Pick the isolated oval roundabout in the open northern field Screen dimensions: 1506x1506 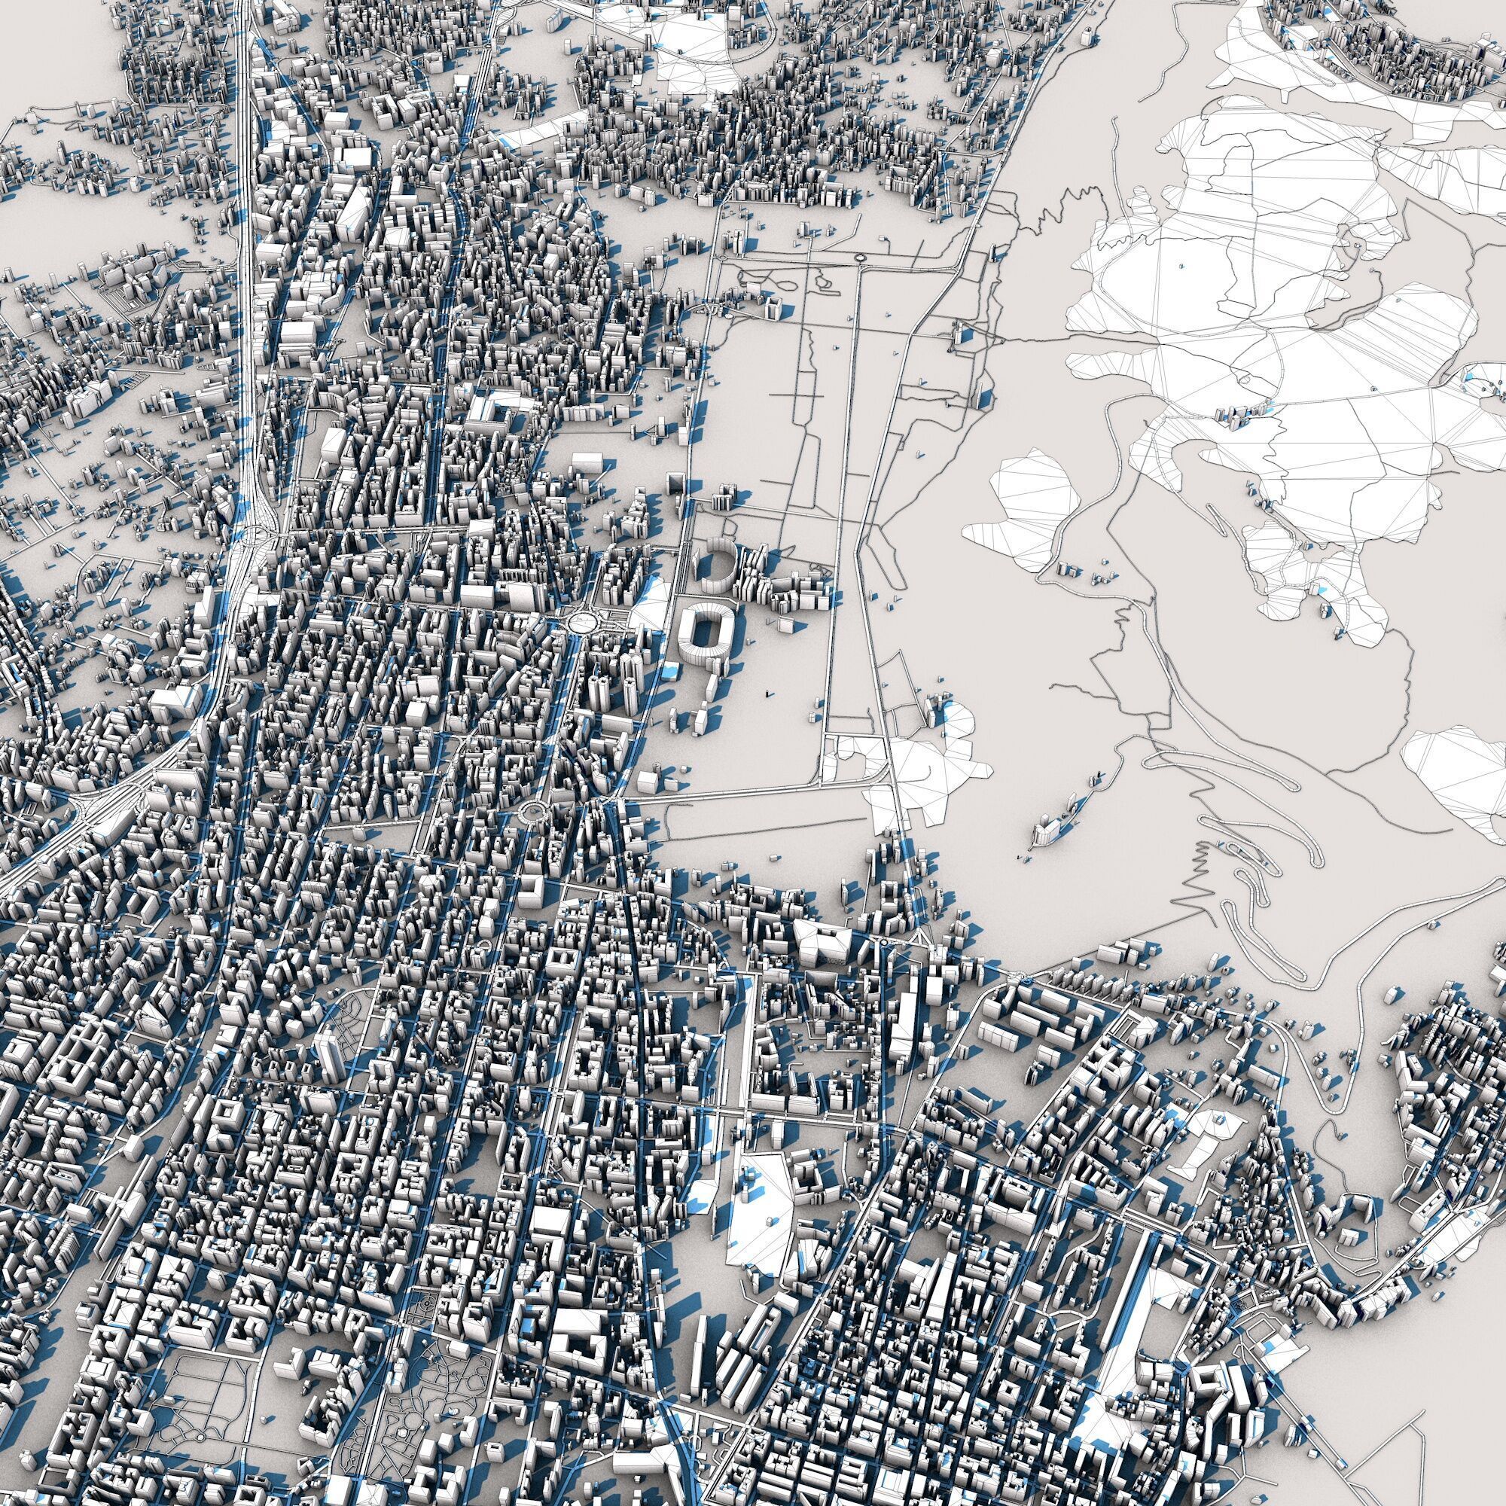tap(860, 257)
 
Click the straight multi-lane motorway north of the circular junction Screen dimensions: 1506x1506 tap(248, 234)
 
